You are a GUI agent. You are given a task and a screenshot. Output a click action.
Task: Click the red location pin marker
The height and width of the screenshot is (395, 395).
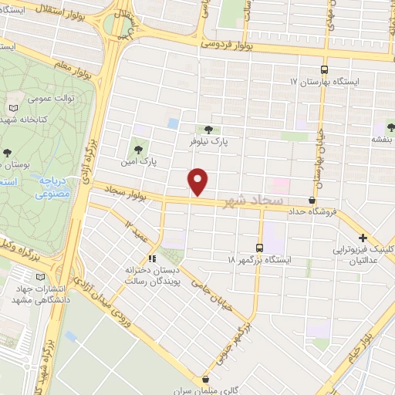coord(199,181)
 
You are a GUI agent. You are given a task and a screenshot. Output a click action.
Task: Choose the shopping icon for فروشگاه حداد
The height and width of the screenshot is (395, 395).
coord(311,200)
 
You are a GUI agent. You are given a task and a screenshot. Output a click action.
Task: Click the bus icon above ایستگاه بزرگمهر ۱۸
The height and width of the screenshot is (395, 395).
coord(258,248)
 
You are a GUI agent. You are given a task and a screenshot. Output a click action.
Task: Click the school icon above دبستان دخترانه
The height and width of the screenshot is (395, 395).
coord(152,258)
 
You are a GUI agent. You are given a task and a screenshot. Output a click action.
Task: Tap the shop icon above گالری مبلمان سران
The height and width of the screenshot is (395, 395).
coord(205,380)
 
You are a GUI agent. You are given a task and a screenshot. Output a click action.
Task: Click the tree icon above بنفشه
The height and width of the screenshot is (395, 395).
coord(386,127)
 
